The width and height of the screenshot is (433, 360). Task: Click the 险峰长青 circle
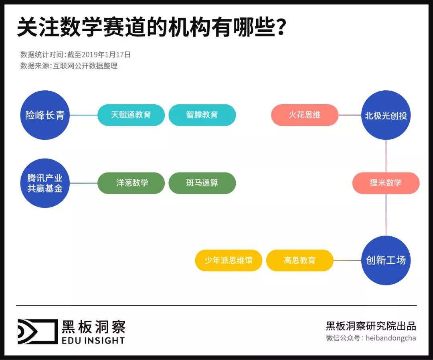pos(45,115)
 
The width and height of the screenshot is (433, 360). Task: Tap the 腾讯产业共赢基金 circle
pos(45,183)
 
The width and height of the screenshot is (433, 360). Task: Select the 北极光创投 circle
pos(386,115)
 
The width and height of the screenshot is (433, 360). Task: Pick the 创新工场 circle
pos(386,260)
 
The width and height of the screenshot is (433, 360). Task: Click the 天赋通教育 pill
pos(131,115)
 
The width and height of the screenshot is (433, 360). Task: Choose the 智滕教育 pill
pos(202,115)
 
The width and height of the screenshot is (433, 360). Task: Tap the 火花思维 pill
pos(305,115)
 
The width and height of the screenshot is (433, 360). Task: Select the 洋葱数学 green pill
pos(131,183)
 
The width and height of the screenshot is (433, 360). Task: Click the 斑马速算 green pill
pos(202,183)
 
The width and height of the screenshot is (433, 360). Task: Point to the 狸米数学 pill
pos(386,183)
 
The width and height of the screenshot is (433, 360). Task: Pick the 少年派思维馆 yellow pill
pos(229,260)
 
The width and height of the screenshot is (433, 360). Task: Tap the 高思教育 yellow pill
pos(299,260)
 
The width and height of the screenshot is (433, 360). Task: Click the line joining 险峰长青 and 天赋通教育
pos(83,115)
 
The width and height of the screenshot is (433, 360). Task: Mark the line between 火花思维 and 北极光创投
pos(350,115)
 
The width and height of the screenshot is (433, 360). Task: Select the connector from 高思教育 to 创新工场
pos(347,260)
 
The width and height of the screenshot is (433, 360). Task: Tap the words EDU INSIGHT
pos(93,340)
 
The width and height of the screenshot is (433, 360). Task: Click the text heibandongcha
pos(391,338)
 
